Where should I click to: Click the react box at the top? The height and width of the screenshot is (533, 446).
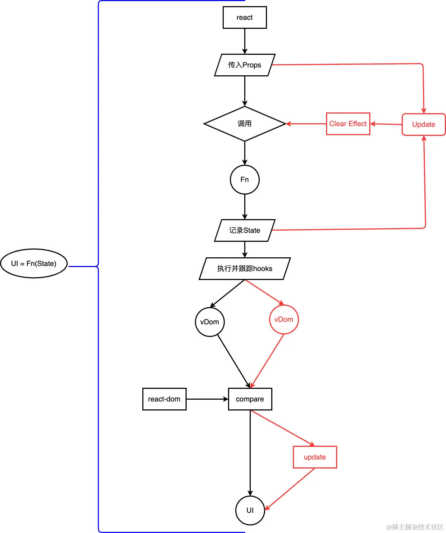[245, 17]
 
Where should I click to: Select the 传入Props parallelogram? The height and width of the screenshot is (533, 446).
[245, 65]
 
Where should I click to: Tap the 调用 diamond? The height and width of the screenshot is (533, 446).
[245, 124]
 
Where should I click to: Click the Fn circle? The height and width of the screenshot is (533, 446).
[245, 179]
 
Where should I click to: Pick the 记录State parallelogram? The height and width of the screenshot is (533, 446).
[245, 230]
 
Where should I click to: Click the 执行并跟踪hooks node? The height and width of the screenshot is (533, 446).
[245, 268]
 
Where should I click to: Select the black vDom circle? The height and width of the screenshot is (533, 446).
[210, 322]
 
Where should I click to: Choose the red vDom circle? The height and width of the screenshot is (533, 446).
[284, 319]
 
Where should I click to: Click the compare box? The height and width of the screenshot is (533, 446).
[250, 399]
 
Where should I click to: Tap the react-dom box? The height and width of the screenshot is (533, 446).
[164, 399]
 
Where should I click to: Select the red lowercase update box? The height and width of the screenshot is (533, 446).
[315, 457]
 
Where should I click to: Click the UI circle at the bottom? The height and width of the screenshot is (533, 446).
[250, 510]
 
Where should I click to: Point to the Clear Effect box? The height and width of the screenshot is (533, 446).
[348, 124]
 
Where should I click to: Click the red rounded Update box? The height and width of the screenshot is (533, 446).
[424, 124]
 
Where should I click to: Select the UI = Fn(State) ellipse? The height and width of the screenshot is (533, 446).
[34, 263]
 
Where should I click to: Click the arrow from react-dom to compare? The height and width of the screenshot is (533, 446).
[207, 399]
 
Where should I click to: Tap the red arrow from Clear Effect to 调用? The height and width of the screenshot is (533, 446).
[306, 124]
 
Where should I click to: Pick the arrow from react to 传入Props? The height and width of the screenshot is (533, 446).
[245, 41]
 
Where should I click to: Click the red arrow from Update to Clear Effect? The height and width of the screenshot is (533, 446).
[386, 124]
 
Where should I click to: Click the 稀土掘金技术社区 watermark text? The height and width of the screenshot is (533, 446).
[415, 527]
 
